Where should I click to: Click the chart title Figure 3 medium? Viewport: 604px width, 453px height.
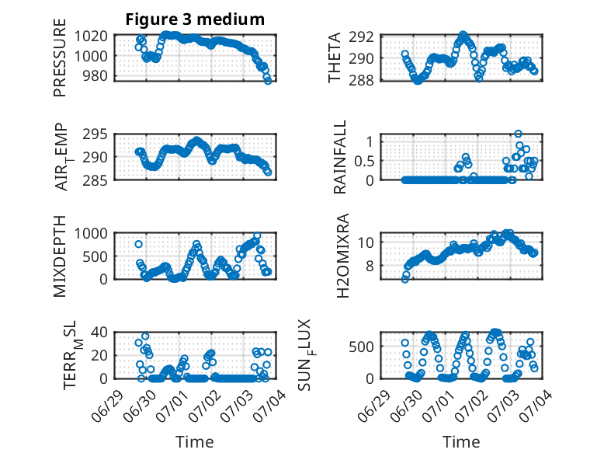[195, 19]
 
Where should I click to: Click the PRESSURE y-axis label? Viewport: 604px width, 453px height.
[60, 57]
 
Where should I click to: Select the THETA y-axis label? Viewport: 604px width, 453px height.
[335, 57]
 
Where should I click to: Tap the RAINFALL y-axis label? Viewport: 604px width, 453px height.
[340, 157]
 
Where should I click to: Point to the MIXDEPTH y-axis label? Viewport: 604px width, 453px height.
[60, 256]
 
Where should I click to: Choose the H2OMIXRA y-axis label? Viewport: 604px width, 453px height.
[342, 256]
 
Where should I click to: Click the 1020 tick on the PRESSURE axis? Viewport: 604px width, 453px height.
[91, 37]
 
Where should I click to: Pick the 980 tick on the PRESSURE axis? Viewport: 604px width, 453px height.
[95, 75]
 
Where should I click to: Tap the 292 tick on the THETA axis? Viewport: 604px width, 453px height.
[361, 37]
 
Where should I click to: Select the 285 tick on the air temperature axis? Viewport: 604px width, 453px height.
[95, 180]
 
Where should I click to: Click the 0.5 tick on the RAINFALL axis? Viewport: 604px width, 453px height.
[364, 161]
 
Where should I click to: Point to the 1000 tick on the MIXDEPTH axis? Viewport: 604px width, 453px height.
[91, 234]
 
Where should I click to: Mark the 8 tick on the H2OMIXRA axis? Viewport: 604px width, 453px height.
[370, 266]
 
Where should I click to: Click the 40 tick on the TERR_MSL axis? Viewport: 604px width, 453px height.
[99, 332]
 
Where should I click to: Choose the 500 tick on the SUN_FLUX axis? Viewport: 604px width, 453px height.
[361, 347]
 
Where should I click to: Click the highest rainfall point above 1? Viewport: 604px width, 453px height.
[518, 134]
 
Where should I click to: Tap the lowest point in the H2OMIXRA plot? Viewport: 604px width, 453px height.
[404, 280]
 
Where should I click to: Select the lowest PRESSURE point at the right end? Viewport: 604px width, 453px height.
[268, 81]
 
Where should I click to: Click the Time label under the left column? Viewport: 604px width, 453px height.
[195, 442]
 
